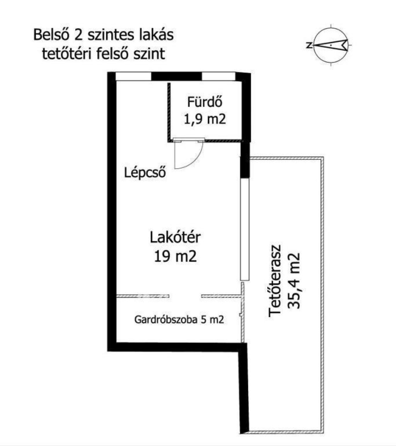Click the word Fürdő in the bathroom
point(205,102)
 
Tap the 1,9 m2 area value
point(205,119)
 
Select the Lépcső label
point(145,172)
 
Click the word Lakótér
point(175,237)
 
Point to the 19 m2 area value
point(175,256)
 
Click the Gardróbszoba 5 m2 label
point(179,320)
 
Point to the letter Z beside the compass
point(309,45)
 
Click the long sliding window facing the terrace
point(244,229)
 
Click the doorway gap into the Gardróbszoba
point(185,296)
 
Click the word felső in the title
point(113,54)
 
